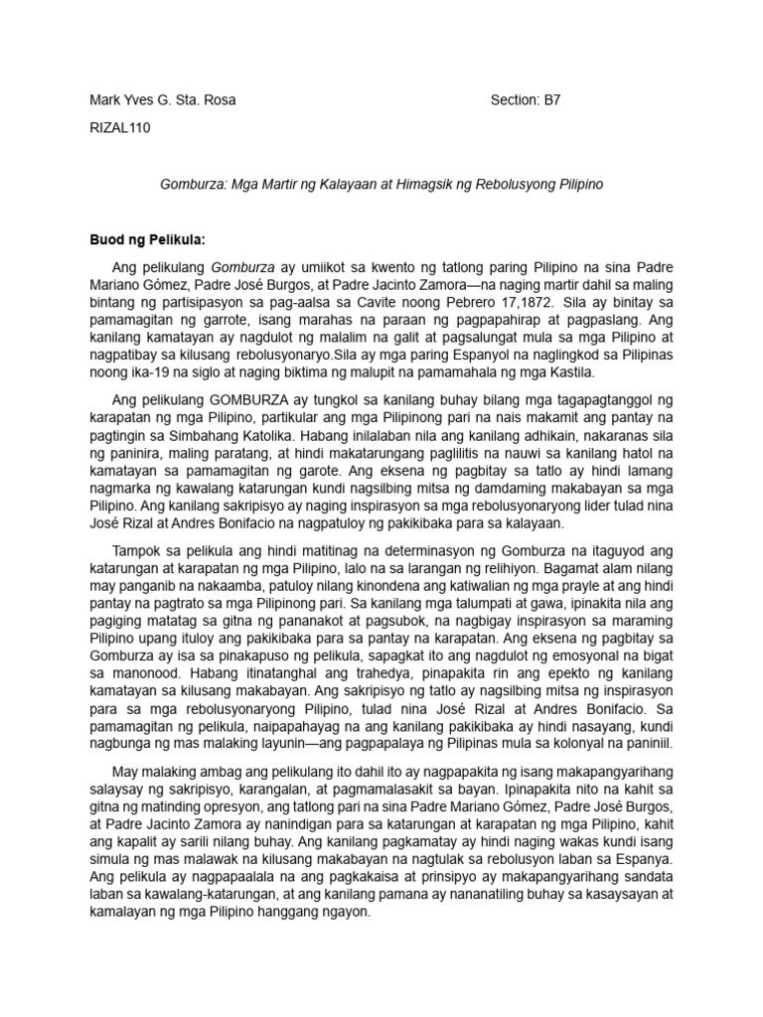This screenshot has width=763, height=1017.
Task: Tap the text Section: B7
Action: [533, 100]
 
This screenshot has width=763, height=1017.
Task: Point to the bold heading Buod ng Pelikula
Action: [148, 239]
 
